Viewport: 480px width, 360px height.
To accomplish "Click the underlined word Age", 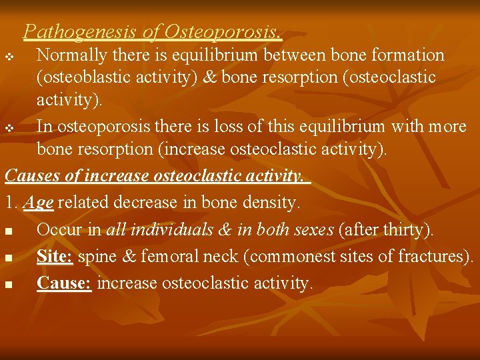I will pyautogui.click(x=38, y=201).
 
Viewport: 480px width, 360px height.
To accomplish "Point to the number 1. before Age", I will pyautogui.click(x=11, y=201).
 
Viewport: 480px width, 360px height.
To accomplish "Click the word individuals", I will pyautogui.click(x=169, y=230).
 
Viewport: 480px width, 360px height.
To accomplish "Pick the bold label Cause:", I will pyautogui.click(x=64, y=283).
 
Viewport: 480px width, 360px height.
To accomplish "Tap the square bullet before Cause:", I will pyautogui.click(x=8, y=285).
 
